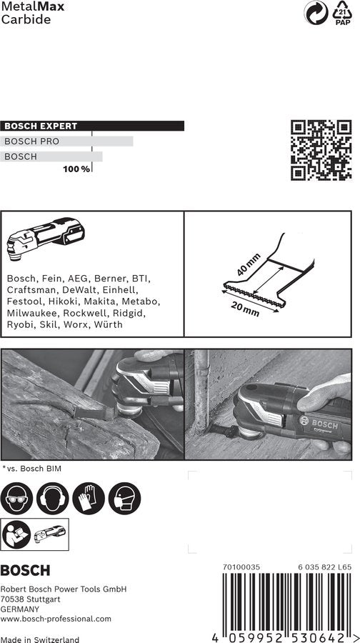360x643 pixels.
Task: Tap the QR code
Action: [x=321, y=149]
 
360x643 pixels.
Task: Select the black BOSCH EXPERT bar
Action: [x=93, y=126]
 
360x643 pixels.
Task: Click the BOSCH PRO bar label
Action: [x=32, y=141]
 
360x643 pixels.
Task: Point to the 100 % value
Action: [x=76, y=169]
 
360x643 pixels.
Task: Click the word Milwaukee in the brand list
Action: [x=33, y=313]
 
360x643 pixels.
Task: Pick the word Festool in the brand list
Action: [x=26, y=301]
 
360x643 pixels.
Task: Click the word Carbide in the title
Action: [x=26, y=19]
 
